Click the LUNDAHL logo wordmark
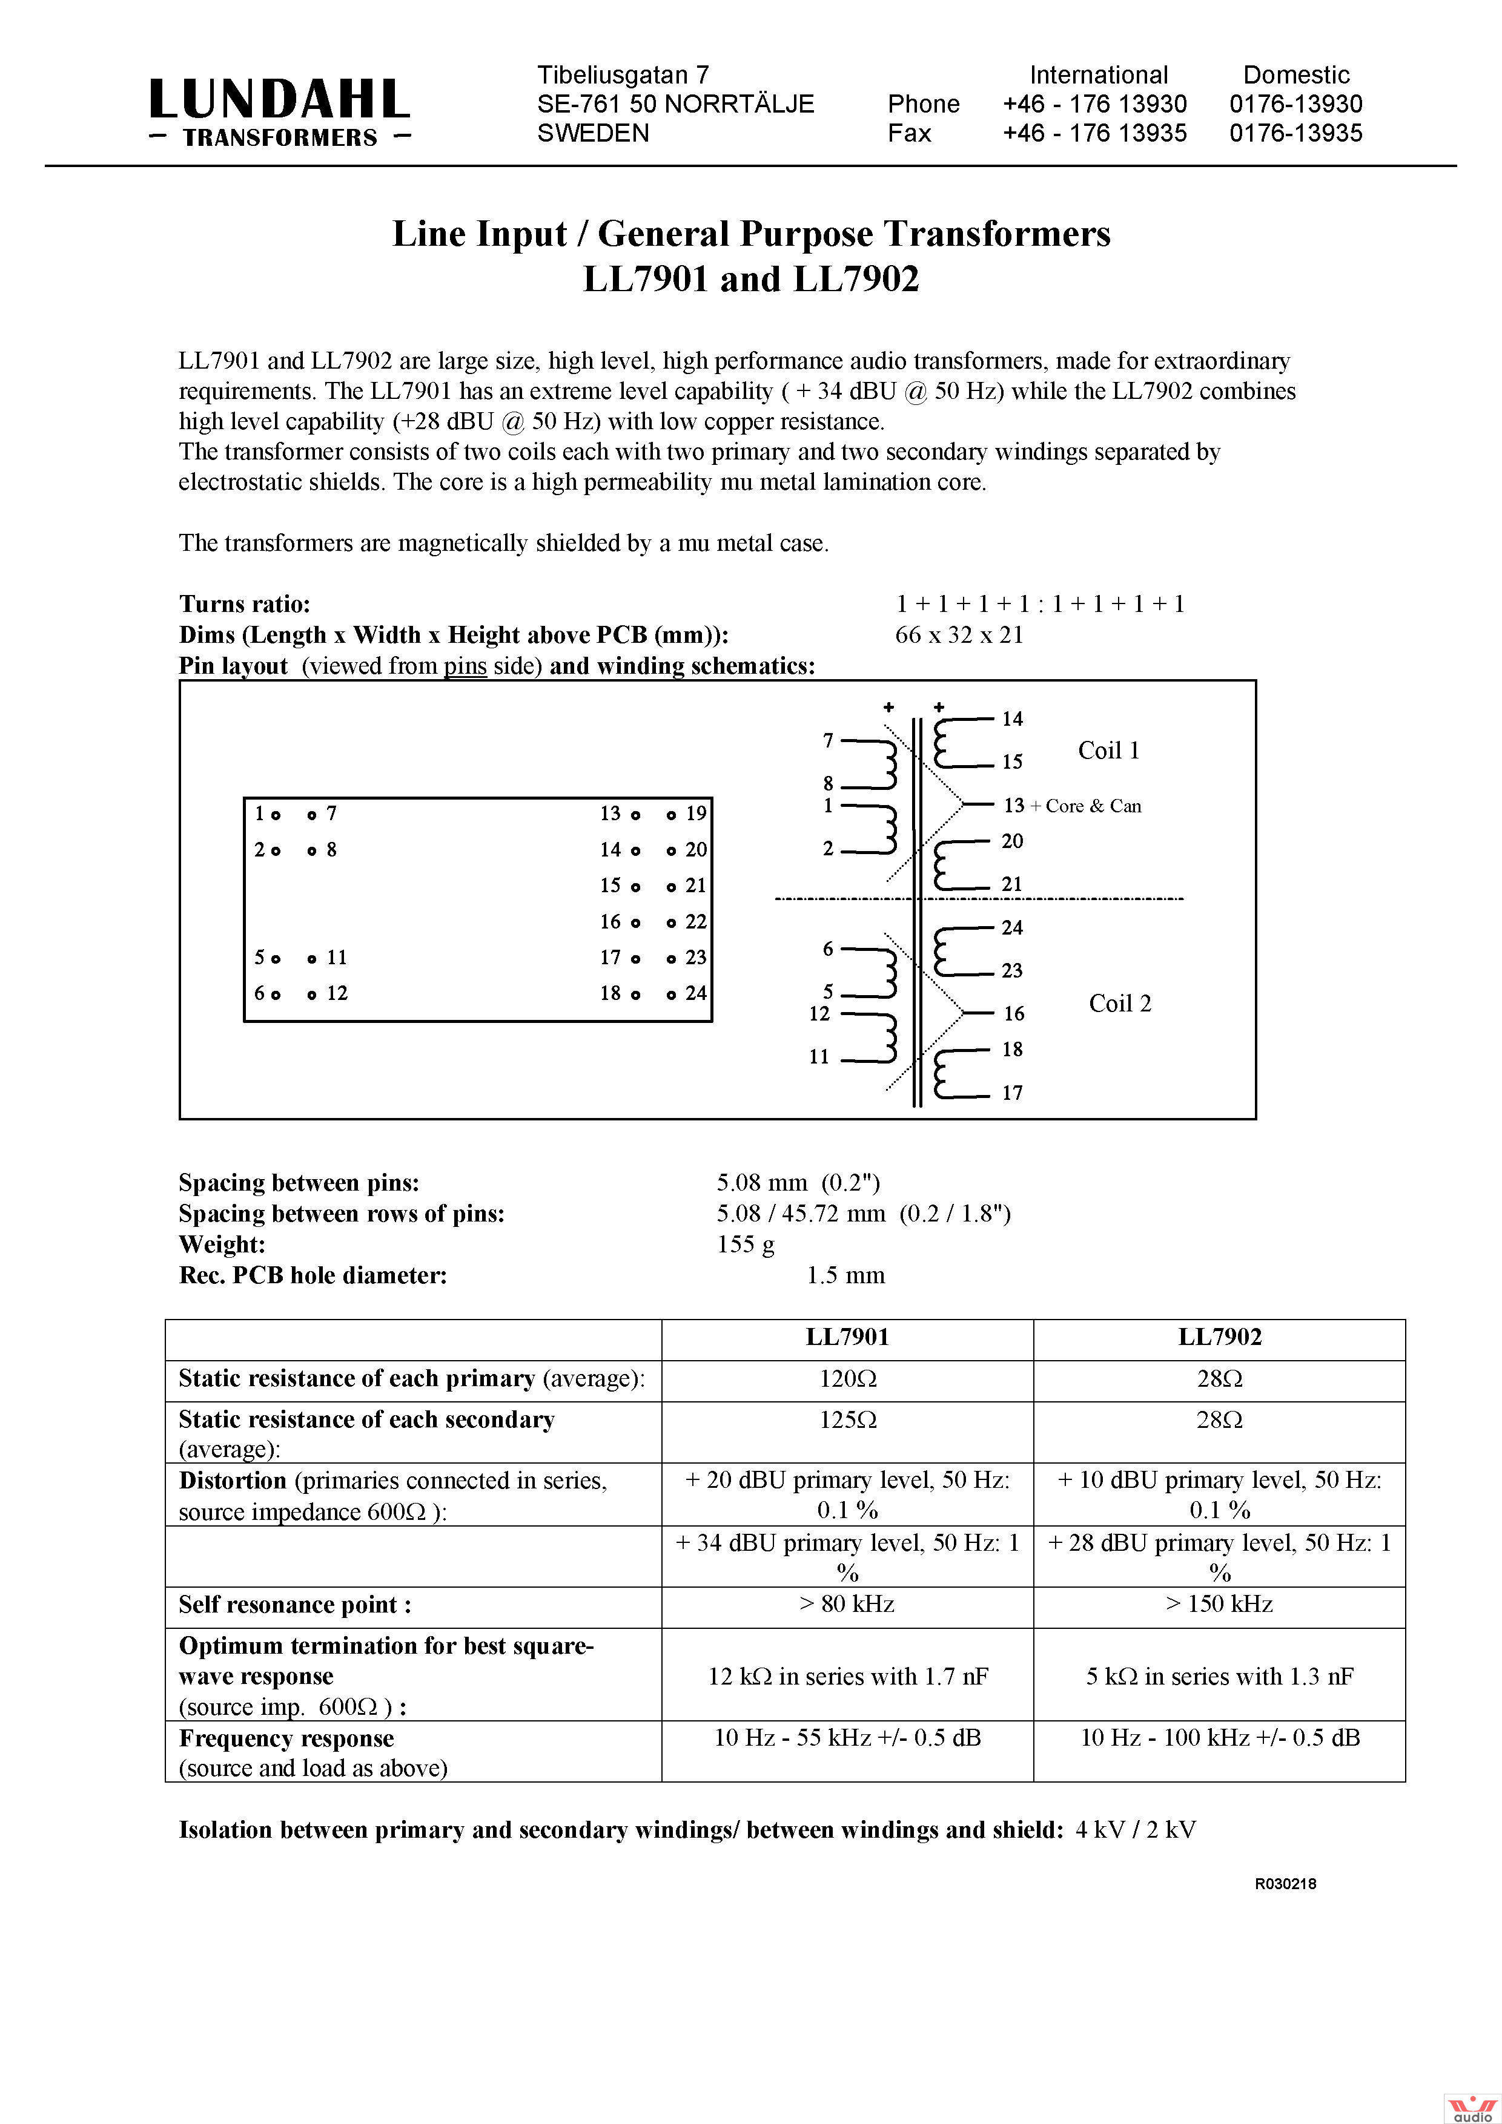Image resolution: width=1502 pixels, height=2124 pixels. pos(279,100)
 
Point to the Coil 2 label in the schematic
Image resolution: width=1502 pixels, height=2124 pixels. pos(1120,1004)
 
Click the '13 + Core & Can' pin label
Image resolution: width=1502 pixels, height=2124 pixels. pos(1071,806)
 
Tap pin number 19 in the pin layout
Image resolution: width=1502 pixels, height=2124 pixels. pos(696,814)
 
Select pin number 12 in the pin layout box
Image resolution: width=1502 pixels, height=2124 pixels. pos(337,993)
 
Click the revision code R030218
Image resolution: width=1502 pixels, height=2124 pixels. pos(1285,1884)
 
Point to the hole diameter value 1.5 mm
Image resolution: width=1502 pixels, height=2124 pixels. pos(846,1276)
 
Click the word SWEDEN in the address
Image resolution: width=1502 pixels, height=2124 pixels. pos(593,133)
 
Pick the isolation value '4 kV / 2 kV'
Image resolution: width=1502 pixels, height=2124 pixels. pos(1136,1830)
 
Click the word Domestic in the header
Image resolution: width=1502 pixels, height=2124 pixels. pos(1295,75)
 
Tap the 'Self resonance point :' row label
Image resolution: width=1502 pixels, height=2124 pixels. pos(294,1605)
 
